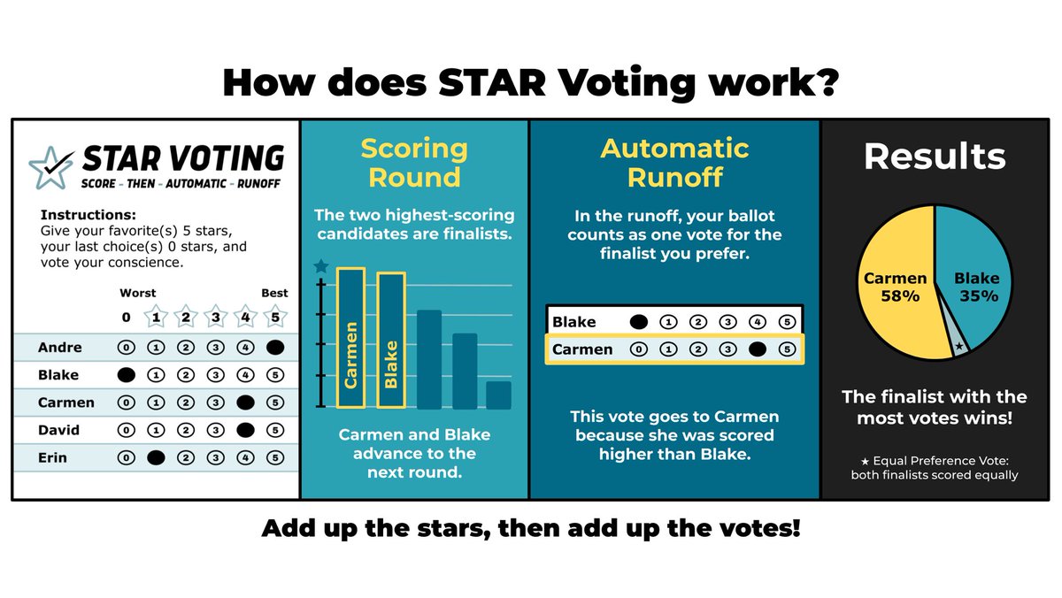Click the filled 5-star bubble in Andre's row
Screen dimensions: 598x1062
[x=274, y=348]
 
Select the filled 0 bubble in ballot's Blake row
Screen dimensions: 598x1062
[x=127, y=375]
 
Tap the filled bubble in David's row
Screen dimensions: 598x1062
[x=246, y=431]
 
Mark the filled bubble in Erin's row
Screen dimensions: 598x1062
[x=155, y=458]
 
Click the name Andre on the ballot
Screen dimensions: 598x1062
[x=59, y=348]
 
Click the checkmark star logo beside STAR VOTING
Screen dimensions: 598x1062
[x=50, y=165]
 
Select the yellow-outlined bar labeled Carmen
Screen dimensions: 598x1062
[x=350, y=339]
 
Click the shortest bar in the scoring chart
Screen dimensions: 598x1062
[x=498, y=395]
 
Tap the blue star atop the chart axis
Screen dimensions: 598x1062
[x=321, y=266]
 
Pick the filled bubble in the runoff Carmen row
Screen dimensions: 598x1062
[x=758, y=349]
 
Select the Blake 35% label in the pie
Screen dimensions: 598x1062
[x=976, y=287]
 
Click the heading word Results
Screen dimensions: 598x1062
[x=935, y=157]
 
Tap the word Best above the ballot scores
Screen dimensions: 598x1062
[x=274, y=293]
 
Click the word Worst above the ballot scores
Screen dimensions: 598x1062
[x=138, y=293]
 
